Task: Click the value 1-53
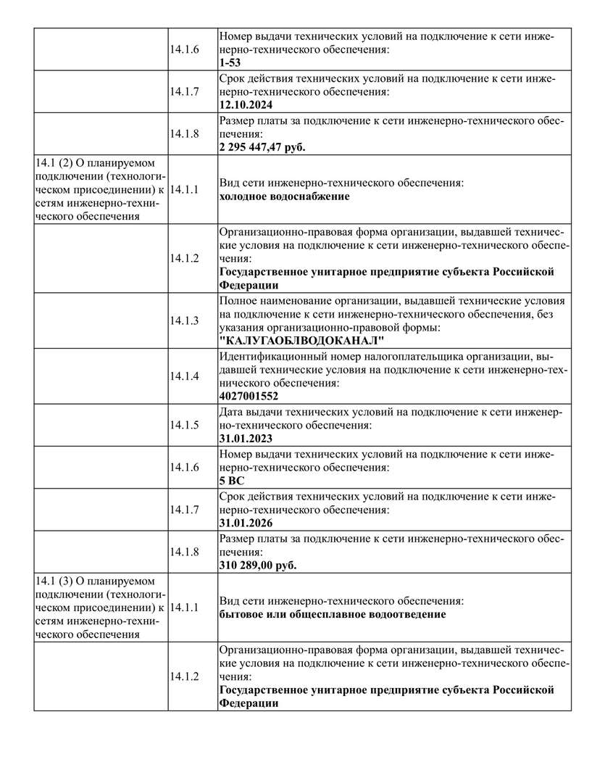(x=230, y=63)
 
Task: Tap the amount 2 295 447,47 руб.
(x=262, y=147)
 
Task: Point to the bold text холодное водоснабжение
(x=284, y=196)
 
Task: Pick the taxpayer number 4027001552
(x=249, y=397)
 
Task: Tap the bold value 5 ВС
(x=232, y=481)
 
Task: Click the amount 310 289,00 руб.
(x=257, y=565)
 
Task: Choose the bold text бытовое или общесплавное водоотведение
(x=332, y=614)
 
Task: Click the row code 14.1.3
(x=184, y=320)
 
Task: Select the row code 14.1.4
(x=184, y=376)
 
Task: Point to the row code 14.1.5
(x=184, y=425)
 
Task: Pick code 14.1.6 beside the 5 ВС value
(x=184, y=467)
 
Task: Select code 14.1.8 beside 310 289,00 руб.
(x=184, y=551)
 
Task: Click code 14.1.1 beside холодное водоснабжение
(x=184, y=189)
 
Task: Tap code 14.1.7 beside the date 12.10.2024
(x=184, y=91)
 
